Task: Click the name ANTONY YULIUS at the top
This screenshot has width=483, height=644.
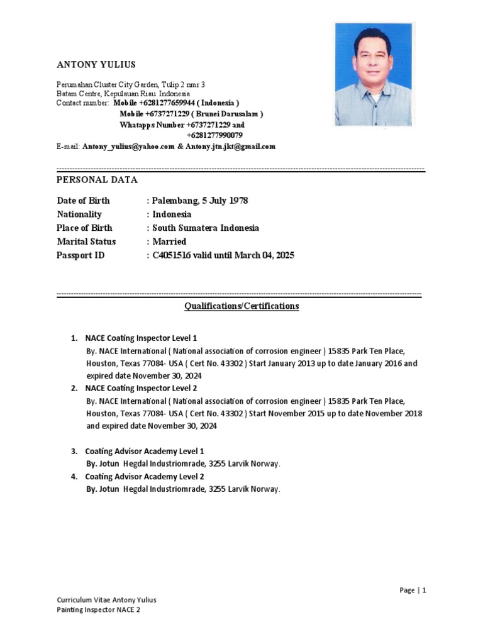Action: coord(96,65)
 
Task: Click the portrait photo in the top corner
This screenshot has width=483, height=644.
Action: coord(374,74)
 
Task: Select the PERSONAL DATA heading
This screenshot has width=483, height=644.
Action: coord(97,179)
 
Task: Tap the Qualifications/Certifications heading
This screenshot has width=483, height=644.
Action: coord(241,306)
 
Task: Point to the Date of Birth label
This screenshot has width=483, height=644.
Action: coord(83,201)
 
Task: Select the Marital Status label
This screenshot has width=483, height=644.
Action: coord(86,241)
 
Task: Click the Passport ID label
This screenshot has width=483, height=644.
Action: coord(80,255)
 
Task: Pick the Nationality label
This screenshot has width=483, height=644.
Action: coord(80,214)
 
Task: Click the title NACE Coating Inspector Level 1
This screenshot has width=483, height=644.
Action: coord(141,338)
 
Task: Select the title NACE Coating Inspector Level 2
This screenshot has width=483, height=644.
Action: coord(141,388)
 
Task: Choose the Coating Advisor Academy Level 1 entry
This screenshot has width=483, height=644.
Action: coord(145,451)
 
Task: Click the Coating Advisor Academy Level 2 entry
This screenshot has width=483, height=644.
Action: coord(145,476)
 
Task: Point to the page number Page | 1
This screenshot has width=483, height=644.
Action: coord(413,590)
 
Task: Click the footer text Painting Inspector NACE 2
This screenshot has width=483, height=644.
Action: coord(98,610)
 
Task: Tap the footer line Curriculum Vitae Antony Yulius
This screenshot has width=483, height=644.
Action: coord(106,600)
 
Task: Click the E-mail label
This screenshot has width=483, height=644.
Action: coord(68,147)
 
